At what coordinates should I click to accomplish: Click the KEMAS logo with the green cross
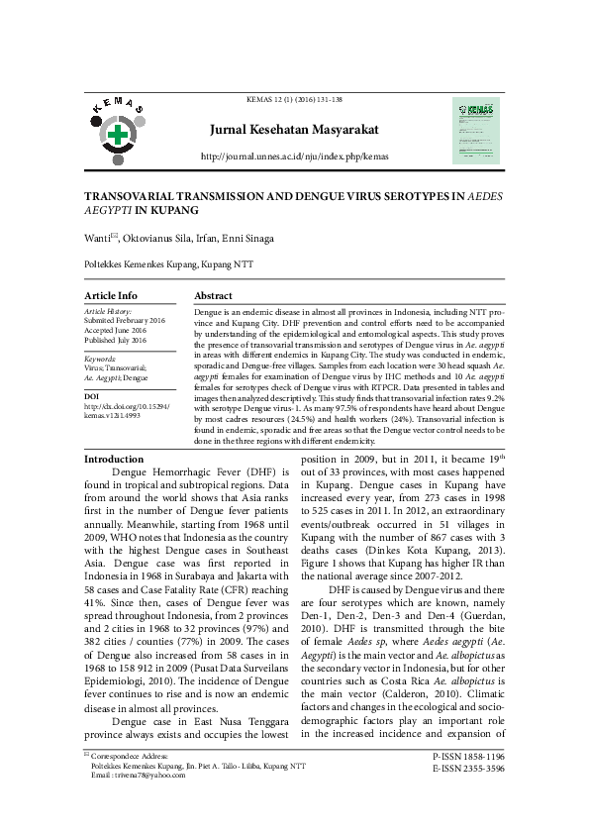(119, 132)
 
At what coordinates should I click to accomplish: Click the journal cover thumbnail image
(476, 130)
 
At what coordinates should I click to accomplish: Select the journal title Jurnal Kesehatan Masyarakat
(295, 131)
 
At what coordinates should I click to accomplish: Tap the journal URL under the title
(295, 156)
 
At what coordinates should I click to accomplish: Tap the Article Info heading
(111, 296)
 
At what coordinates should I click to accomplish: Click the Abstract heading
(214, 296)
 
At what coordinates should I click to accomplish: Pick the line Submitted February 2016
(125, 320)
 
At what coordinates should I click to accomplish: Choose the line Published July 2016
(115, 340)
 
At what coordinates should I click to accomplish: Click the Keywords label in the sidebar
(100, 358)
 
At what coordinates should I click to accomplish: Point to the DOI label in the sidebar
(92, 396)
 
